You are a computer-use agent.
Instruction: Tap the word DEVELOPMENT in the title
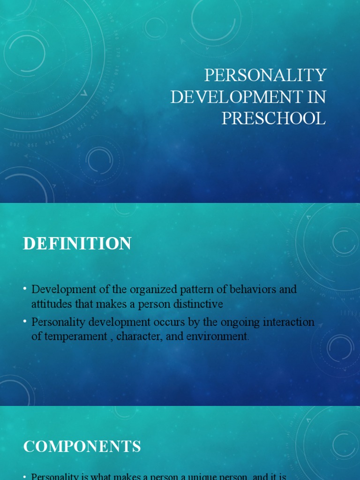235,97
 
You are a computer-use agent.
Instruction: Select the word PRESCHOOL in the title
273,118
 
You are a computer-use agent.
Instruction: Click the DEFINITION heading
77,244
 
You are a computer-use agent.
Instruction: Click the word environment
217,337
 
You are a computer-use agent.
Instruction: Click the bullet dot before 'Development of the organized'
25,289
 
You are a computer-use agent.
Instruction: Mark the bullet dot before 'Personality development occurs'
25,322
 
